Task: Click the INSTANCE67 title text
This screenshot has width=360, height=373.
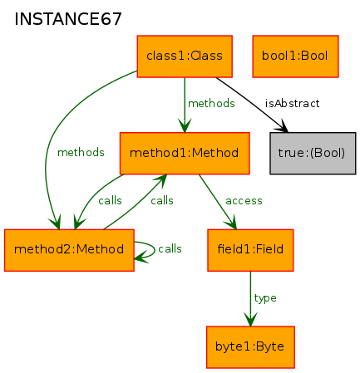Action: (68, 19)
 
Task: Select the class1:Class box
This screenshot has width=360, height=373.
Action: (185, 56)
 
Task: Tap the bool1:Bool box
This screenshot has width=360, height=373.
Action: (295, 56)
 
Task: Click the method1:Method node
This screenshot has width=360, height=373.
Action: (185, 153)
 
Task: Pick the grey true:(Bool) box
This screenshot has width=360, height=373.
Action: (313, 153)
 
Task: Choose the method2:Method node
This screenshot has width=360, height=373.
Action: (69, 250)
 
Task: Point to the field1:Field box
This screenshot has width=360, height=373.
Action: (250, 250)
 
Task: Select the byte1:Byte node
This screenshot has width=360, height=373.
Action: (250, 347)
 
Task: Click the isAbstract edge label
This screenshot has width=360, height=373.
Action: (293, 103)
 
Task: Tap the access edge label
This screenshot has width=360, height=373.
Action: (244, 201)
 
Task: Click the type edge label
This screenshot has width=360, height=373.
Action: (265, 298)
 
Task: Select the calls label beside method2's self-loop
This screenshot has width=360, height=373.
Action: (170, 248)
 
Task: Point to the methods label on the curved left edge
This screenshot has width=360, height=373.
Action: (81, 152)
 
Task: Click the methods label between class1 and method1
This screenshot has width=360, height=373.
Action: (211, 103)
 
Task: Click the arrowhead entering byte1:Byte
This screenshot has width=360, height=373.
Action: (250, 319)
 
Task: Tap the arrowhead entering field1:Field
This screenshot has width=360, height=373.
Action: (232, 223)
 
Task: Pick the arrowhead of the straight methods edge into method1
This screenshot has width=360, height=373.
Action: (185, 125)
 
